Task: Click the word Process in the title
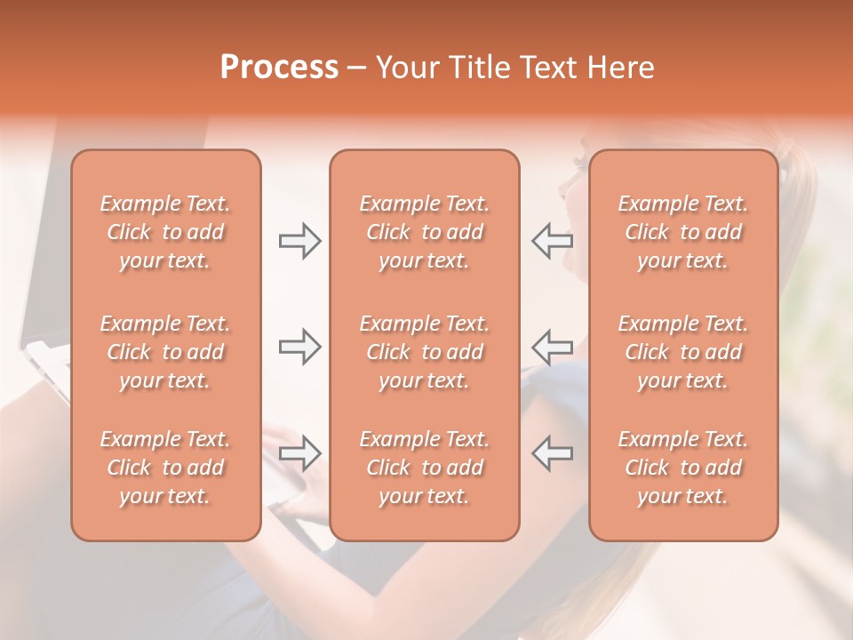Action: [279, 68]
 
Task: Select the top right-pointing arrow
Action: [299, 241]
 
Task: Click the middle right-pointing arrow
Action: [299, 347]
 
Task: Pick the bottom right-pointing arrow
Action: [299, 453]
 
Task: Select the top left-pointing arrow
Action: [553, 241]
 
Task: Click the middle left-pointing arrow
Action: [553, 347]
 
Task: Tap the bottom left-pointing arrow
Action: [553, 453]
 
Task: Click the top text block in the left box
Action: [165, 232]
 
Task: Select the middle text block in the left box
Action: [165, 352]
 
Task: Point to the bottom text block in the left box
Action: [165, 468]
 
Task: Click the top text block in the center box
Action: [425, 232]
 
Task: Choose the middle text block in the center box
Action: [425, 352]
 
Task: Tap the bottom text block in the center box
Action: [425, 468]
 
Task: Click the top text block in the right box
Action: [683, 232]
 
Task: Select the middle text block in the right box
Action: [683, 352]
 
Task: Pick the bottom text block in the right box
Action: [683, 468]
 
